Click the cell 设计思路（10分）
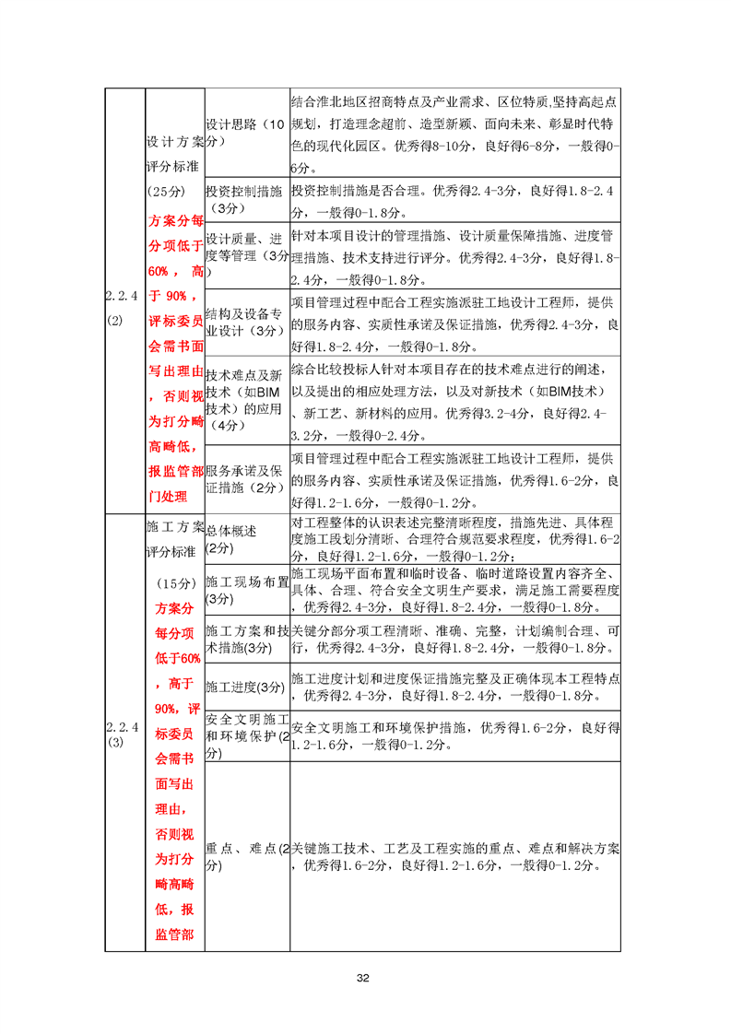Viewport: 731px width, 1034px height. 246,133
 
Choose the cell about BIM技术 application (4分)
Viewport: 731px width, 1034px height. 246,400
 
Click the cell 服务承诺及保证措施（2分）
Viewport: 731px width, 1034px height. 246,478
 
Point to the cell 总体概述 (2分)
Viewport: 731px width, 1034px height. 246,539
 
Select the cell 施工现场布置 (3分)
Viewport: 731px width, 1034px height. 246,590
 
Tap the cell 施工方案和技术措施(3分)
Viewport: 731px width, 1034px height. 246,639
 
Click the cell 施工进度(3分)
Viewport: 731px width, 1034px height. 246,687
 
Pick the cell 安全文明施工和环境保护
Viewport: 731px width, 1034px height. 246,735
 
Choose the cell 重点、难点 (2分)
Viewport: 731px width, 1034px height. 246,857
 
